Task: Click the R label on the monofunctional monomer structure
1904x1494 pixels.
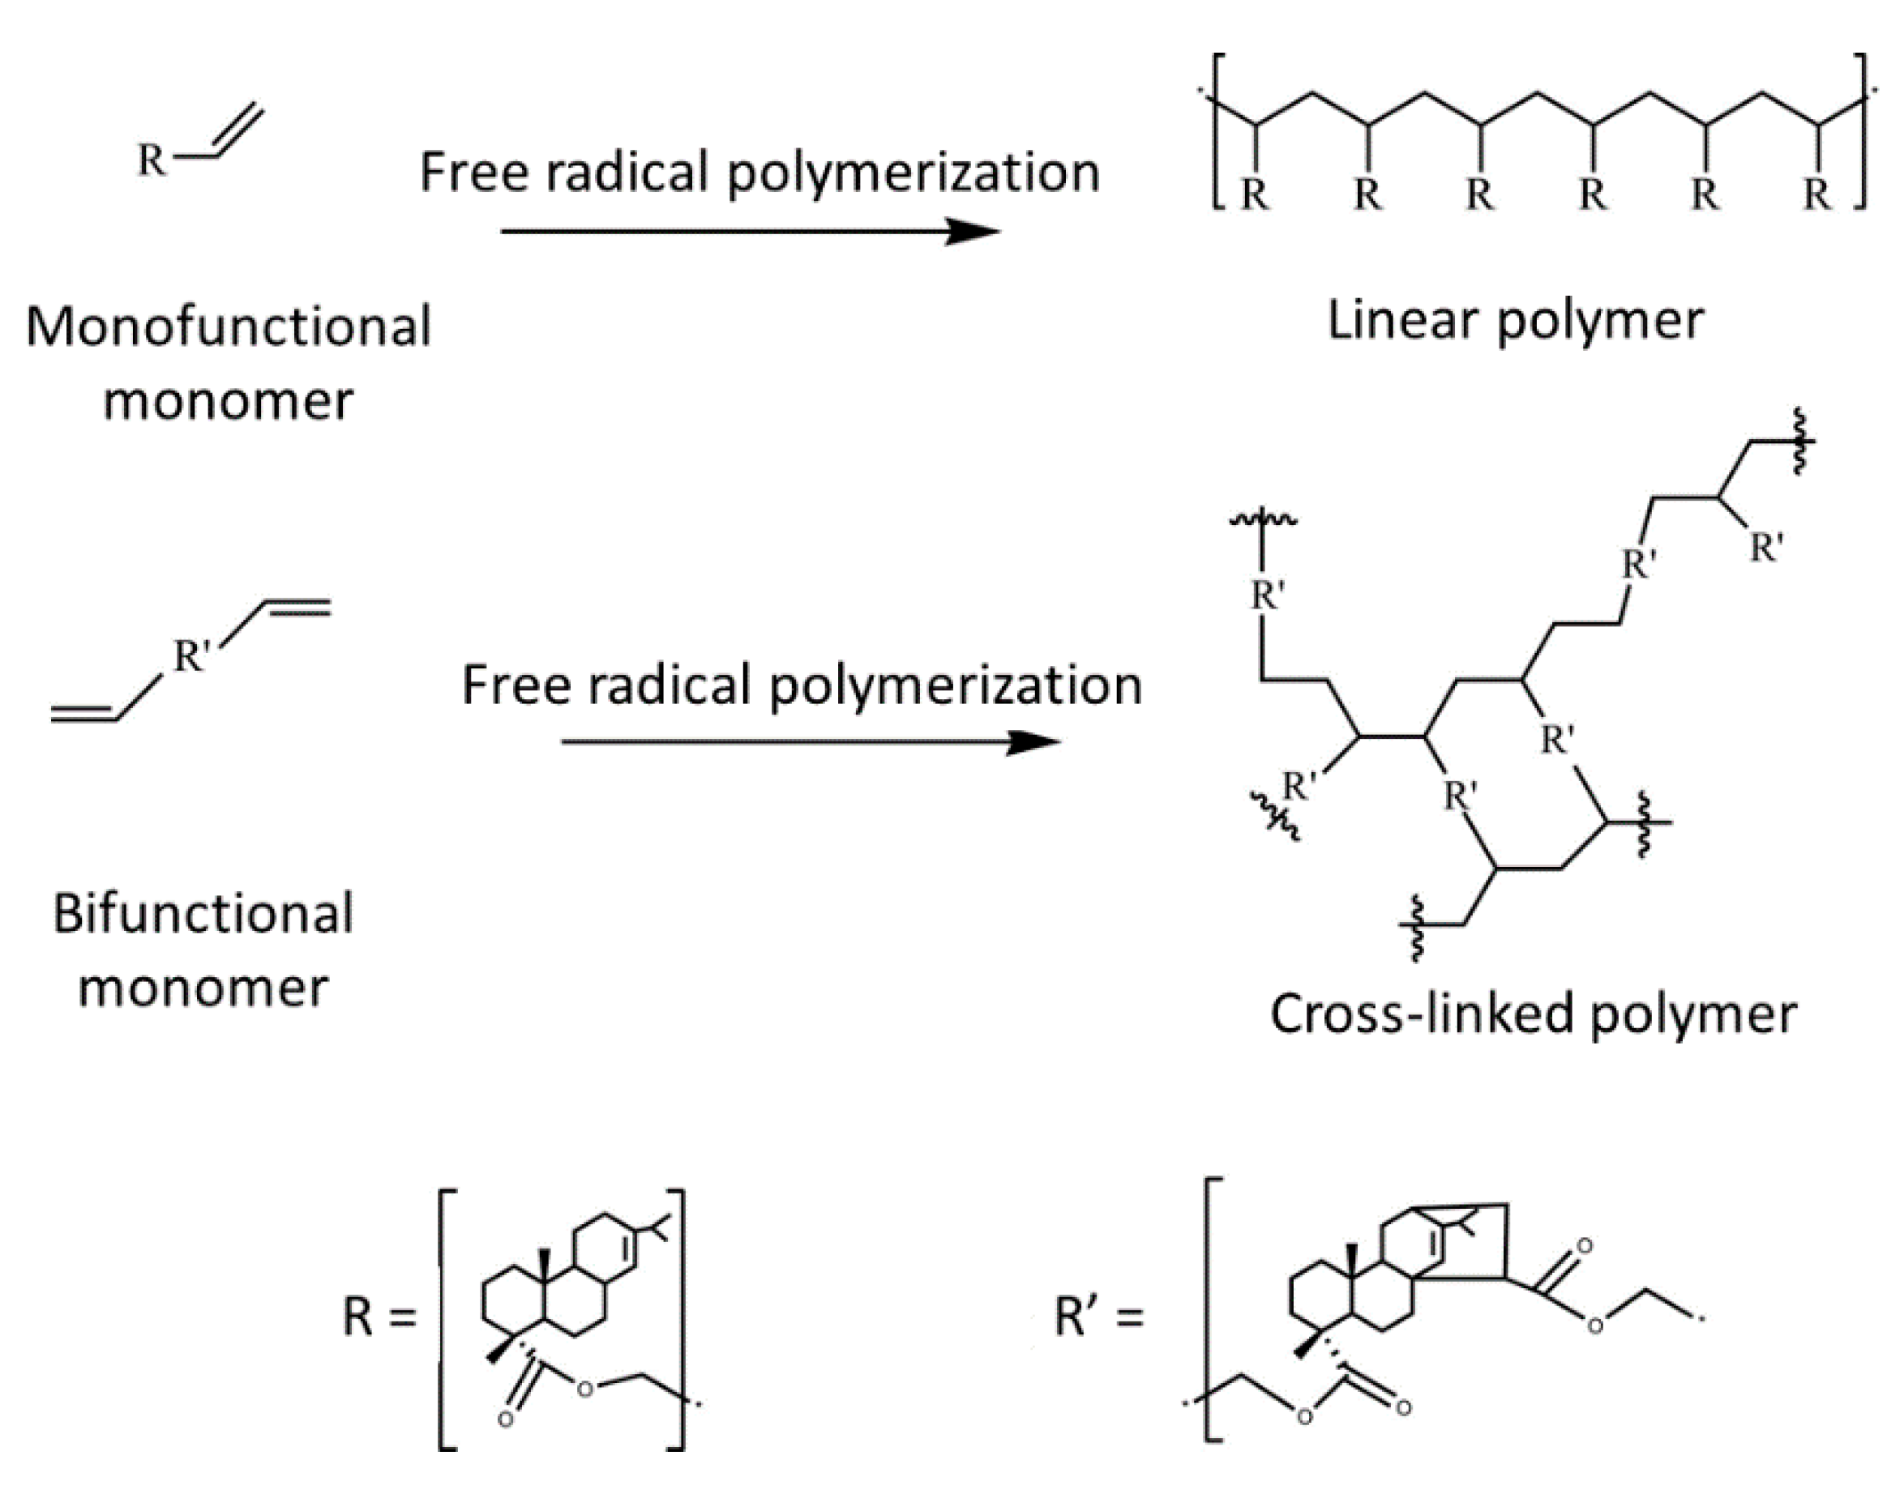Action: pos(152,160)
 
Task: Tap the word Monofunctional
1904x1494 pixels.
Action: pos(229,327)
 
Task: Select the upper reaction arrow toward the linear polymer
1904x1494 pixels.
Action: pos(750,232)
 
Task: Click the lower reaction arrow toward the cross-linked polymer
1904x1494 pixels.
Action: pos(811,743)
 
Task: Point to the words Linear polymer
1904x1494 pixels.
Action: pos(1515,321)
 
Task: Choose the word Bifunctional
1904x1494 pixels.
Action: pos(203,914)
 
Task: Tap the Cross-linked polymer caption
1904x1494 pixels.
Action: pos(1533,1014)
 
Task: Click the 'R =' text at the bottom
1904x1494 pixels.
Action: pos(379,1317)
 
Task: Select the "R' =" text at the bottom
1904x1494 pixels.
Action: pos(1099,1317)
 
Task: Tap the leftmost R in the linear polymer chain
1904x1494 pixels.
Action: pos(1254,195)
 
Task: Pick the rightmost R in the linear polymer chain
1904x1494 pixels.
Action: pos(1817,195)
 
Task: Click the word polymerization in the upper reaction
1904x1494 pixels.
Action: pos(913,173)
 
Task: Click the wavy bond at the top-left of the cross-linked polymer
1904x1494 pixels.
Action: pos(1263,519)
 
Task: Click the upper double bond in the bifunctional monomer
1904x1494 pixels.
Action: pos(297,606)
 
